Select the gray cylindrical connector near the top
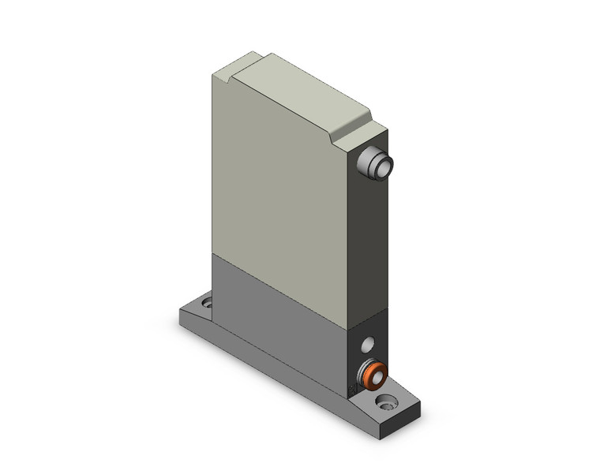click(373, 164)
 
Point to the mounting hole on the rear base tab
click(207, 302)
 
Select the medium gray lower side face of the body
click(276, 308)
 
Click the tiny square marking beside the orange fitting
click(352, 388)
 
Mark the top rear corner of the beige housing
click(215, 73)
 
